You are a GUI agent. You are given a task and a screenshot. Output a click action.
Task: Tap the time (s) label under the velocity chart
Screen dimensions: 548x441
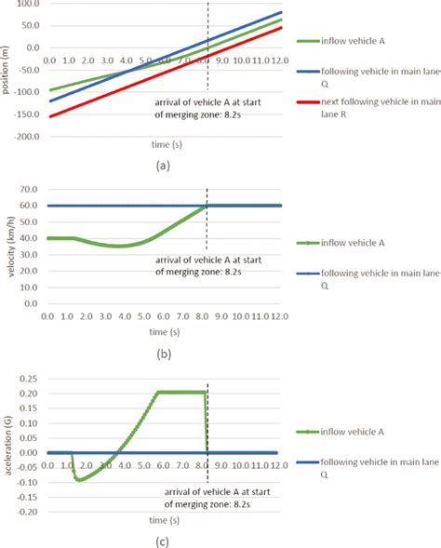pos(165,330)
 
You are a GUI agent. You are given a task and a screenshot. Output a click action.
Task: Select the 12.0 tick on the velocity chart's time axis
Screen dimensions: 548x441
pos(275,317)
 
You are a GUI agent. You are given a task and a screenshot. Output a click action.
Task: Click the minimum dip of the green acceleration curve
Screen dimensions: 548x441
pos(80,479)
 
